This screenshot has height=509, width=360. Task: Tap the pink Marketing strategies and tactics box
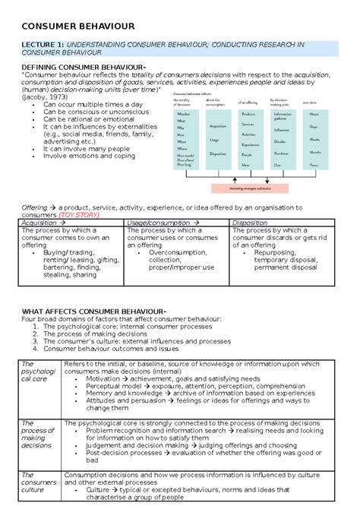click(254, 189)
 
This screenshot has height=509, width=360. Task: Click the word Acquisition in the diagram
click(217, 126)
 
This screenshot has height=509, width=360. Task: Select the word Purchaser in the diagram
click(280, 152)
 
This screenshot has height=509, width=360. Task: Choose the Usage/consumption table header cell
click(159, 223)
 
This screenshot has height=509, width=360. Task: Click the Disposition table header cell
click(251, 223)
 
